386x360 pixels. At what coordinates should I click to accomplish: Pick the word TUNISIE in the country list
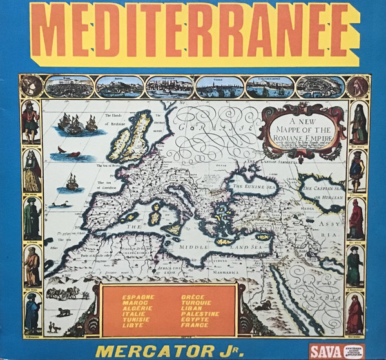point(135,318)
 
